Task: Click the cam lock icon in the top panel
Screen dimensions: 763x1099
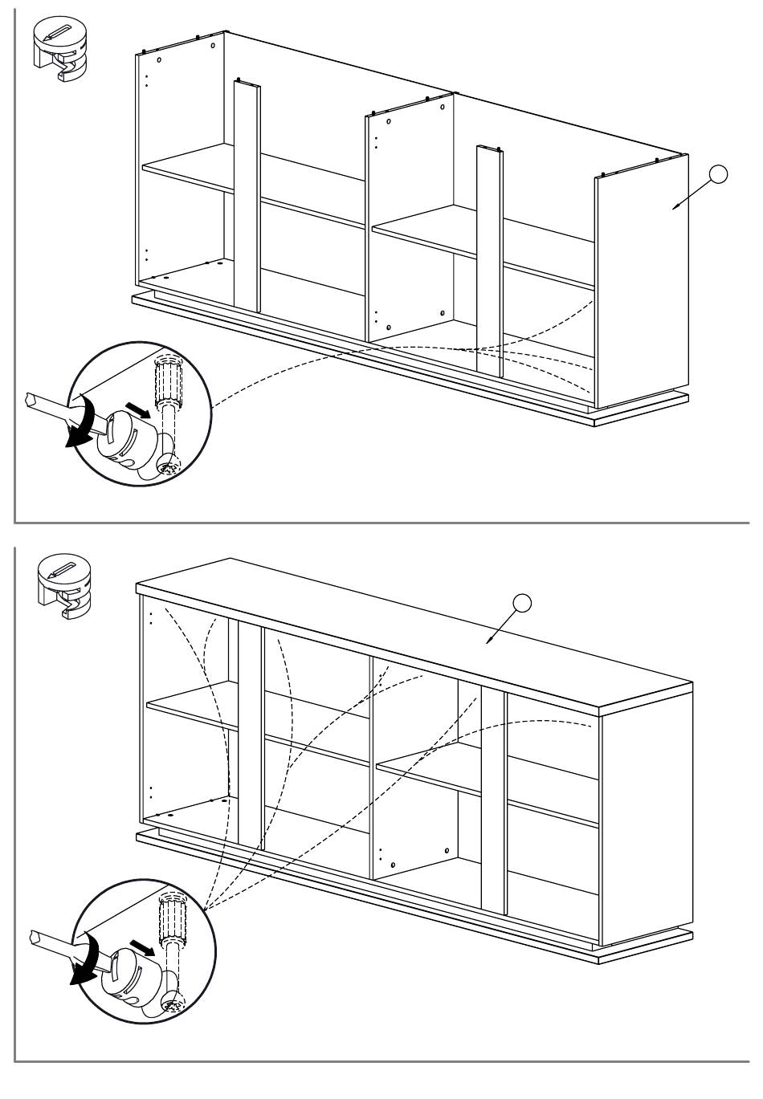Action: pos(60,49)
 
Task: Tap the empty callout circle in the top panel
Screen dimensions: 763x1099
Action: pos(719,174)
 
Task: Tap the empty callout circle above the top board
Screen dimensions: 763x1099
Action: pos(522,601)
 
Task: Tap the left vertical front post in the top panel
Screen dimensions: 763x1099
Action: pos(247,193)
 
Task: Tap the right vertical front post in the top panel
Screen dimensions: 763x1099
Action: pos(488,257)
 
